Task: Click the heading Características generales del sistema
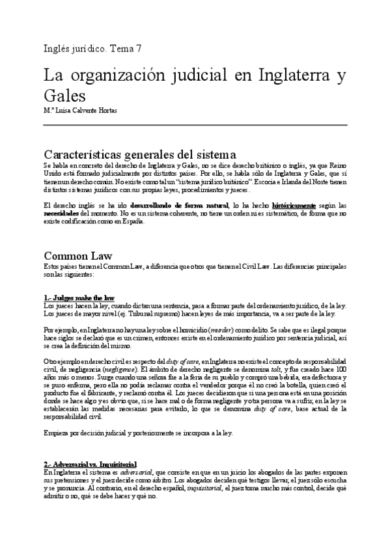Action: tap(139, 155)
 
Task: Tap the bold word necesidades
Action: tap(64, 213)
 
